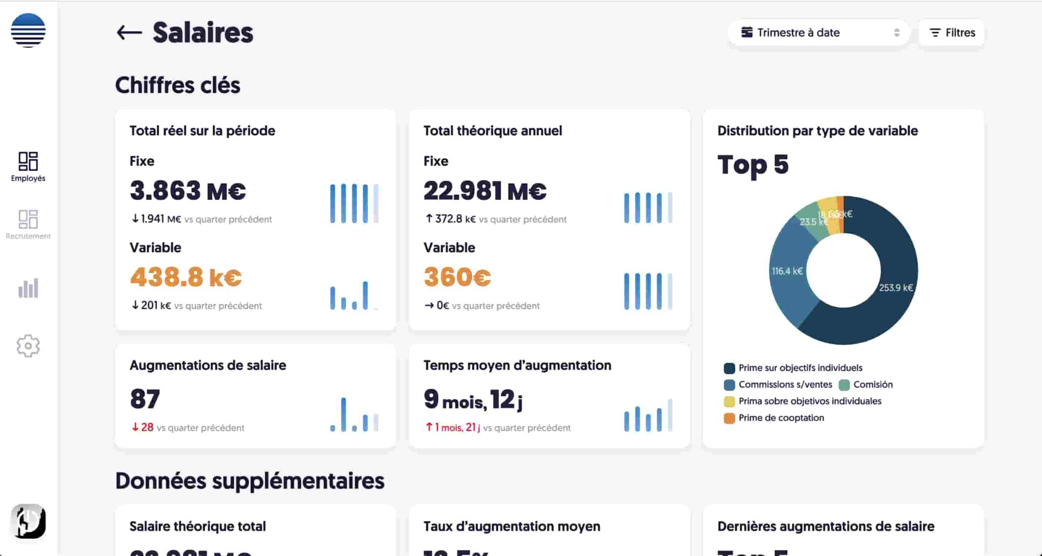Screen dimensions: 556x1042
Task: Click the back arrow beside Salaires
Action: pos(129,33)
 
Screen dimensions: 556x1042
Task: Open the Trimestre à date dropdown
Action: pos(819,33)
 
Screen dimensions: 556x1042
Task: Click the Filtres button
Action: pos(952,33)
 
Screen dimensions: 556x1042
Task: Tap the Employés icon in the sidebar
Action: pos(28,166)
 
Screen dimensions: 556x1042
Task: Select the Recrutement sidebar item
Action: pos(28,224)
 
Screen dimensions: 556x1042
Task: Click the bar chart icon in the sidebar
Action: pos(28,288)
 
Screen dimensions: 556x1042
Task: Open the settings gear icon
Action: pos(28,346)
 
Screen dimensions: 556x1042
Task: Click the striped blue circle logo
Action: pos(28,31)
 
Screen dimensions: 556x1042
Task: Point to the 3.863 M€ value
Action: pos(188,191)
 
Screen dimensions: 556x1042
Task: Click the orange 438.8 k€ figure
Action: pos(186,277)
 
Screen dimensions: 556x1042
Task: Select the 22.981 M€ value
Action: pos(485,191)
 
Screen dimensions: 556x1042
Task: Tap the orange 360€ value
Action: pos(457,277)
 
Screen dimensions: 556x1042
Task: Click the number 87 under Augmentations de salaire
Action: pos(145,399)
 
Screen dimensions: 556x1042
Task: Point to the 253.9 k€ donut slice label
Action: pos(895,288)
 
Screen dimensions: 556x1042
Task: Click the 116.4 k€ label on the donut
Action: pos(787,271)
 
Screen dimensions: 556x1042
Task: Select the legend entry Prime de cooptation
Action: pos(780,418)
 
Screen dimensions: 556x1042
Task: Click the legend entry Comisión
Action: pos(872,385)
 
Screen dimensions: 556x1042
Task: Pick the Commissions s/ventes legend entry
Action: pos(785,385)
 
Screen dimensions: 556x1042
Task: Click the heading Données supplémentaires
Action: pos(250,481)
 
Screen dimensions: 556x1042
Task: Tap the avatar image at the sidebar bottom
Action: pos(28,521)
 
